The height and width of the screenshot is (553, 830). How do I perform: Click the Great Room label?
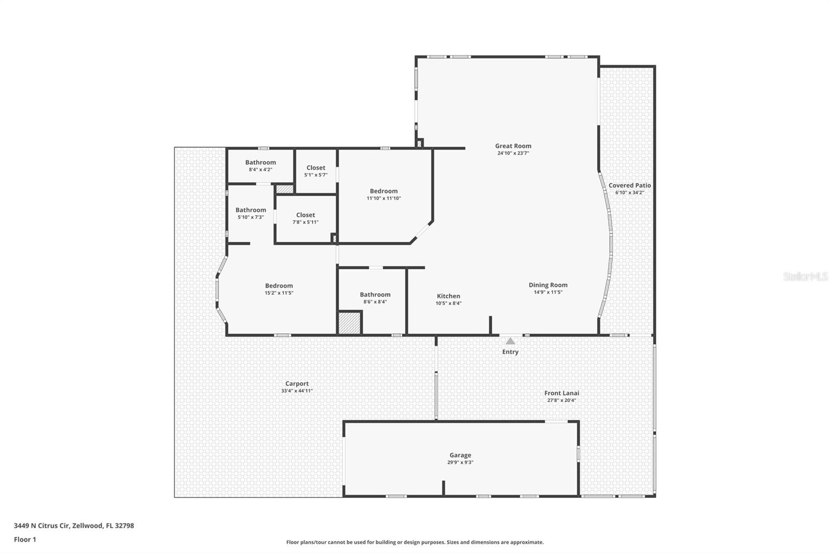pyautogui.click(x=513, y=146)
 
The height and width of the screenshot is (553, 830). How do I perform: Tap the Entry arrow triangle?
pyautogui.click(x=510, y=341)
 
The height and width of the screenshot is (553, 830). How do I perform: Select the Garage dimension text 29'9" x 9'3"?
pyautogui.click(x=460, y=462)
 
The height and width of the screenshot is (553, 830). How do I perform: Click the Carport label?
pyautogui.click(x=297, y=384)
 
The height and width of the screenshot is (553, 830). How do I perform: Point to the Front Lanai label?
pyautogui.click(x=561, y=393)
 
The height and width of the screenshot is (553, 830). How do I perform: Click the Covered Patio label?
pyautogui.click(x=629, y=185)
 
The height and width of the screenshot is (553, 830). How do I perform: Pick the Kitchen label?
pyautogui.click(x=448, y=296)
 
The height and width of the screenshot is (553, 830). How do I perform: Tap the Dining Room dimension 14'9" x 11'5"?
pyautogui.click(x=548, y=292)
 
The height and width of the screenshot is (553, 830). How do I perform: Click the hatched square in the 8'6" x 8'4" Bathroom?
pyautogui.click(x=349, y=323)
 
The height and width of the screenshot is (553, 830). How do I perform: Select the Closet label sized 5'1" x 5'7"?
pyautogui.click(x=315, y=168)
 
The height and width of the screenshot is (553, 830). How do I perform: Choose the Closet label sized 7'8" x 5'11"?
pyautogui.click(x=306, y=215)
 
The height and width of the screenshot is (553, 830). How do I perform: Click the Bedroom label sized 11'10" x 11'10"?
pyautogui.click(x=383, y=191)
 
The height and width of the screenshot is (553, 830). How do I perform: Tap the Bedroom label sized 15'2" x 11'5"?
pyautogui.click(x=279, y=286)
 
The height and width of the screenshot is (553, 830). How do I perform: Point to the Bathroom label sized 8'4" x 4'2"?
pyautogui.click(x=260, y=162)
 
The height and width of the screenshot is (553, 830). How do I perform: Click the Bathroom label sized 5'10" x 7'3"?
pyautogui.click(x=251, y=210)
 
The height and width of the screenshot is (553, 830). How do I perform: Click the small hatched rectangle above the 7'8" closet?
pyautogui.click(x=284, y=189)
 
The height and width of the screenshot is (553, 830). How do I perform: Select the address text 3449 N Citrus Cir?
pyautogui.click(x=41, y=526)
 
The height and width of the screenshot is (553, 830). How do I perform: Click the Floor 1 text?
pyautogui.click(x=25, y=540)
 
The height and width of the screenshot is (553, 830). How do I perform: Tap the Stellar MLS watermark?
pyautogui.click(x=805, y=276)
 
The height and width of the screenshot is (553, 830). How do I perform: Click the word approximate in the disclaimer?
pyautogui.click(x=528, y=542)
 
